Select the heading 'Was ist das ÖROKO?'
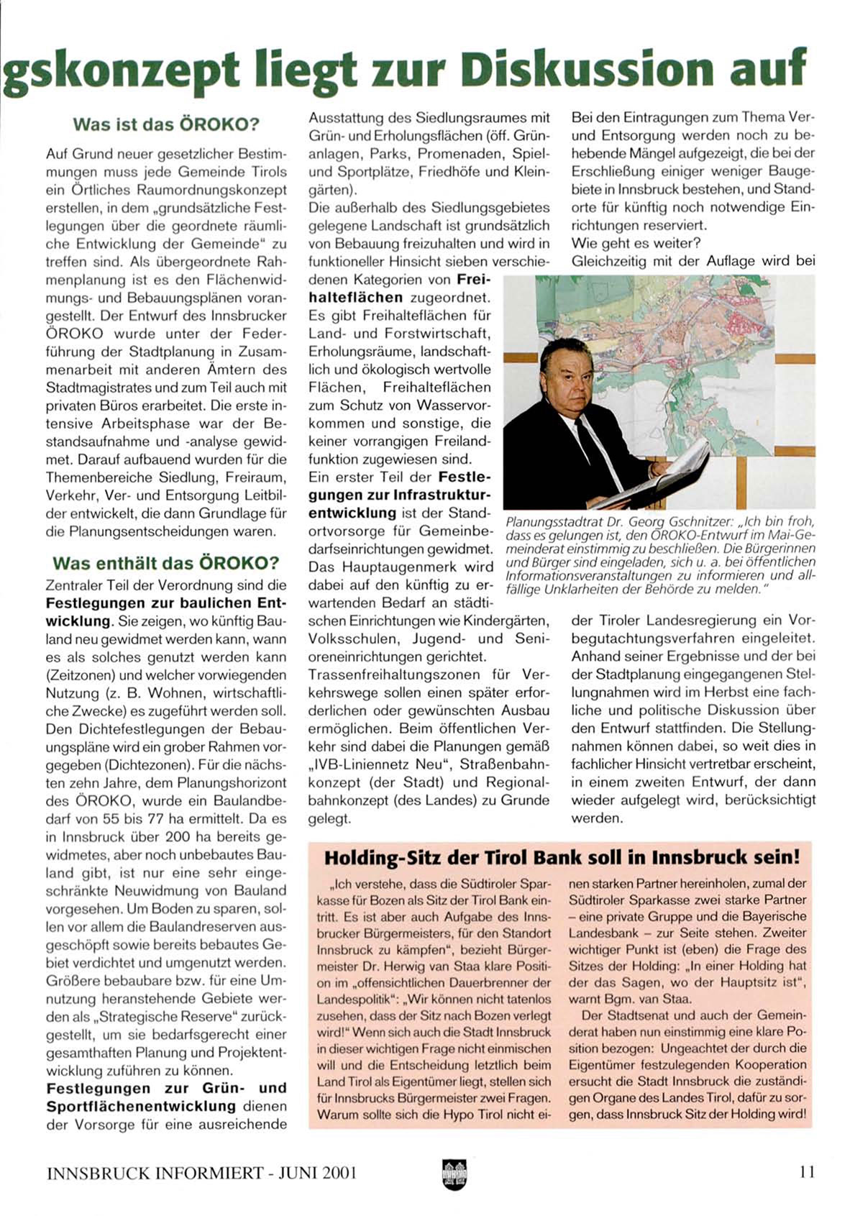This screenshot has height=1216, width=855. tap(165, 124)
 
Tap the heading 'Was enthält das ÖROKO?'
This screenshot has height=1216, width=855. tap(166, 562)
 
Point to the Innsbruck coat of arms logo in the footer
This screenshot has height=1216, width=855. tap(454, 1174)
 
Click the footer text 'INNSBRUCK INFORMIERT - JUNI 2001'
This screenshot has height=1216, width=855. tap(202, 1172)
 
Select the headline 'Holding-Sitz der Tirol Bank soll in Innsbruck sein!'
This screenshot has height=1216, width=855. tap(562, 857)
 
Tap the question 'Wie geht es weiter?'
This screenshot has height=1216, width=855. tap(637, 243)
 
